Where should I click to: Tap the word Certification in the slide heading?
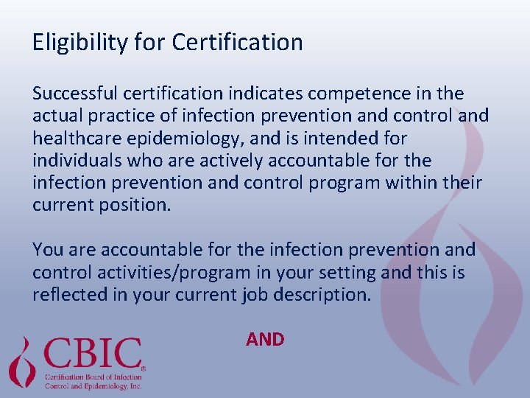(237, 42)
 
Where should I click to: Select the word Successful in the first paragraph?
(75, 94)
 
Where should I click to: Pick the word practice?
(116, 116)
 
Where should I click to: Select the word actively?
(213, 160)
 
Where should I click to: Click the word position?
(138, 205)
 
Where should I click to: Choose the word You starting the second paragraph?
(48, 251)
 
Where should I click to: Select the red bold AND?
(265, 339)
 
